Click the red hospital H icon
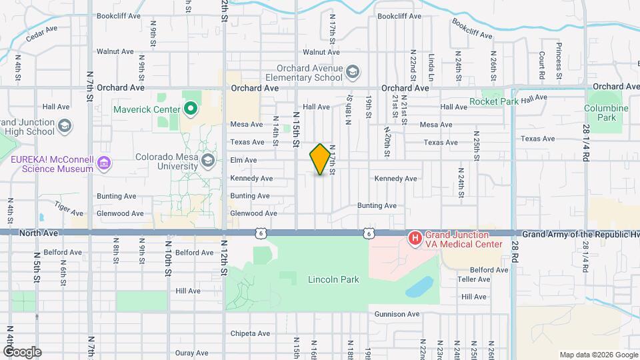pos(414,237)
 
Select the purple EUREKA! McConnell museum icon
pos(103,163)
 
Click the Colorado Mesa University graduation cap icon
pos(208,160)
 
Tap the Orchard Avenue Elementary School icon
pos(352,72)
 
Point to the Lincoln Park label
pos(333,279)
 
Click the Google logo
pos(21,352)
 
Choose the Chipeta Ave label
pos(251,333)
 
